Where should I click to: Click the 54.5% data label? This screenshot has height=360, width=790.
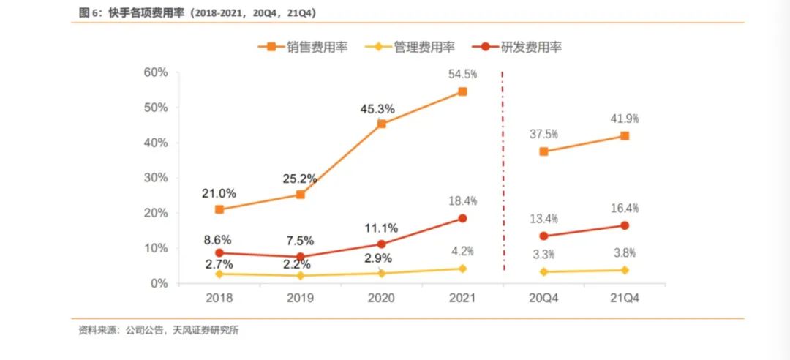point(462,74)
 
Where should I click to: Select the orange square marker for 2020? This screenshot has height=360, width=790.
point(381,124)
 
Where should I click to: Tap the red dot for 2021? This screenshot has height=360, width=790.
point(462,218)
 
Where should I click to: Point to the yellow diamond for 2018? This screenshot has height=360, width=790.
point(219,273)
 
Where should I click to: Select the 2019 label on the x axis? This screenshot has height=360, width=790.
point(300,299)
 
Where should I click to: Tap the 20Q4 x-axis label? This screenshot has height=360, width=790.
point(543,299)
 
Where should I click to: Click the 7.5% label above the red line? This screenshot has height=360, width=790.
point(300,241)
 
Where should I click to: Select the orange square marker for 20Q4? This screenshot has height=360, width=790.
point(543,151)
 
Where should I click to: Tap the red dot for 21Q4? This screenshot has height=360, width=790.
point(624,225)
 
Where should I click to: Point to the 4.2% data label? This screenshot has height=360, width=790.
point(462,251)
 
